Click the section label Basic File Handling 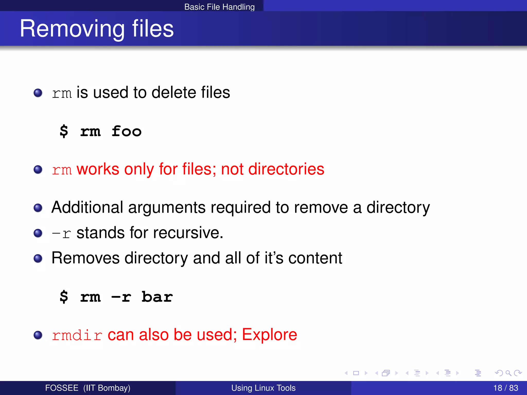coord(219,7)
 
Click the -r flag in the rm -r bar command coord(121,297)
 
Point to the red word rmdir coord(77,335)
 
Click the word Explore coord(269,335)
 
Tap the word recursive coord(188,233)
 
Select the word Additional coord(87,207)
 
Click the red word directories coord(286,169)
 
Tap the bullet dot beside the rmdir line coord(38,335)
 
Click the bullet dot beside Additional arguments coord(38,208)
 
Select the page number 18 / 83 coord(505,388)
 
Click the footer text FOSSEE coord(62,388)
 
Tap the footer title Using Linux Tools coord(263,388)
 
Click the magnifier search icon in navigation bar coord(508,373)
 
